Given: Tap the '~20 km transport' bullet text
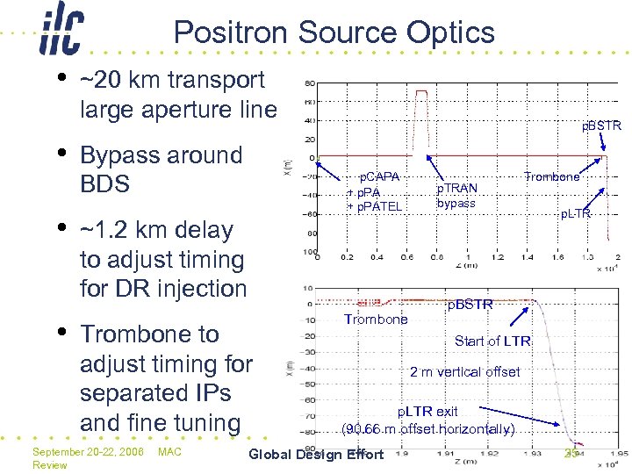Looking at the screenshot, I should coord(172,80).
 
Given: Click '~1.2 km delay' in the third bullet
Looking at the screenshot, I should coord(156,230).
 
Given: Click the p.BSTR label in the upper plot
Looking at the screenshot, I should coord(601,126).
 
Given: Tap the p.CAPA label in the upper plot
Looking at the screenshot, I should coord(379,176).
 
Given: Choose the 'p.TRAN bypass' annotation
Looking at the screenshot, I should coord(456,196).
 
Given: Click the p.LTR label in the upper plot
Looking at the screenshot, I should coord(576,213).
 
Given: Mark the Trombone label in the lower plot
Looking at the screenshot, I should coord(376,320).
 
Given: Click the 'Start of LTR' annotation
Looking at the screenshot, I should coord(492,341).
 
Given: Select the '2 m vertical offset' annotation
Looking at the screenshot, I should coord(465,371).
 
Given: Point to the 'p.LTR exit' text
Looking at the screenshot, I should coord(428,411).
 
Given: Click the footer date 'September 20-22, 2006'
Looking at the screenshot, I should coord(88,451).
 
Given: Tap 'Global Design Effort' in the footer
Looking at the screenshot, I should coord(316,454).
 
